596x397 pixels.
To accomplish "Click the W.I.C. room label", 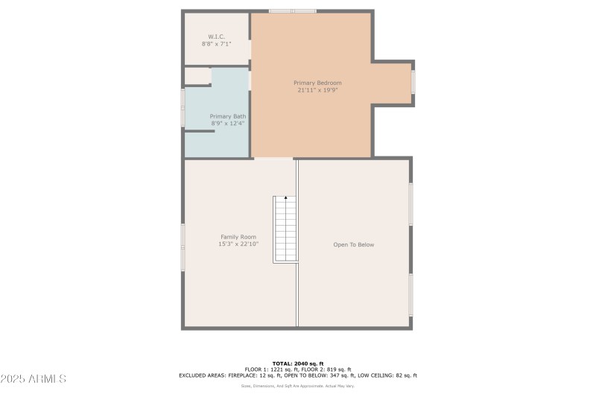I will click(216, 36).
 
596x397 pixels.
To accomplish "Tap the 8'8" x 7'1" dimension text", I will click(216, 44).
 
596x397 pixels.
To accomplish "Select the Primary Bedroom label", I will click(317, 83).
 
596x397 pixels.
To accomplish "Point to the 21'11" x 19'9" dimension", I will click(317, 90).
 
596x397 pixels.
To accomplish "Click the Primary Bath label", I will click(227, 116).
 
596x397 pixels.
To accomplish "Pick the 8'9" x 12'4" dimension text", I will click(227, 123).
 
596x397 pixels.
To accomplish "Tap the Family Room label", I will click(238, 237).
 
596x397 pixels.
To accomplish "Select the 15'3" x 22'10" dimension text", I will click(238, 244).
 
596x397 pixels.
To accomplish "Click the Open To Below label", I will click(353, 244).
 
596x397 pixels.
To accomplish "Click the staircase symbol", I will click(285, 229).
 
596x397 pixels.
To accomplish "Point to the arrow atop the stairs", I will click(285, 198).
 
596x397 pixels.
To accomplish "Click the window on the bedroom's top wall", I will click(292, 11).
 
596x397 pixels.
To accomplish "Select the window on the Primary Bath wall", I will click(183, 107).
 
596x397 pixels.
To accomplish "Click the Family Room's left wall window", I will click(183, 247).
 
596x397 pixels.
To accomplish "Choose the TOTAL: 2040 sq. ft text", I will click(298, 363).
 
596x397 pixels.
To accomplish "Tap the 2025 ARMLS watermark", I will click(34, 379).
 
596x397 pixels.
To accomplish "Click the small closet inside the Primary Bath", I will click(197, 76).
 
